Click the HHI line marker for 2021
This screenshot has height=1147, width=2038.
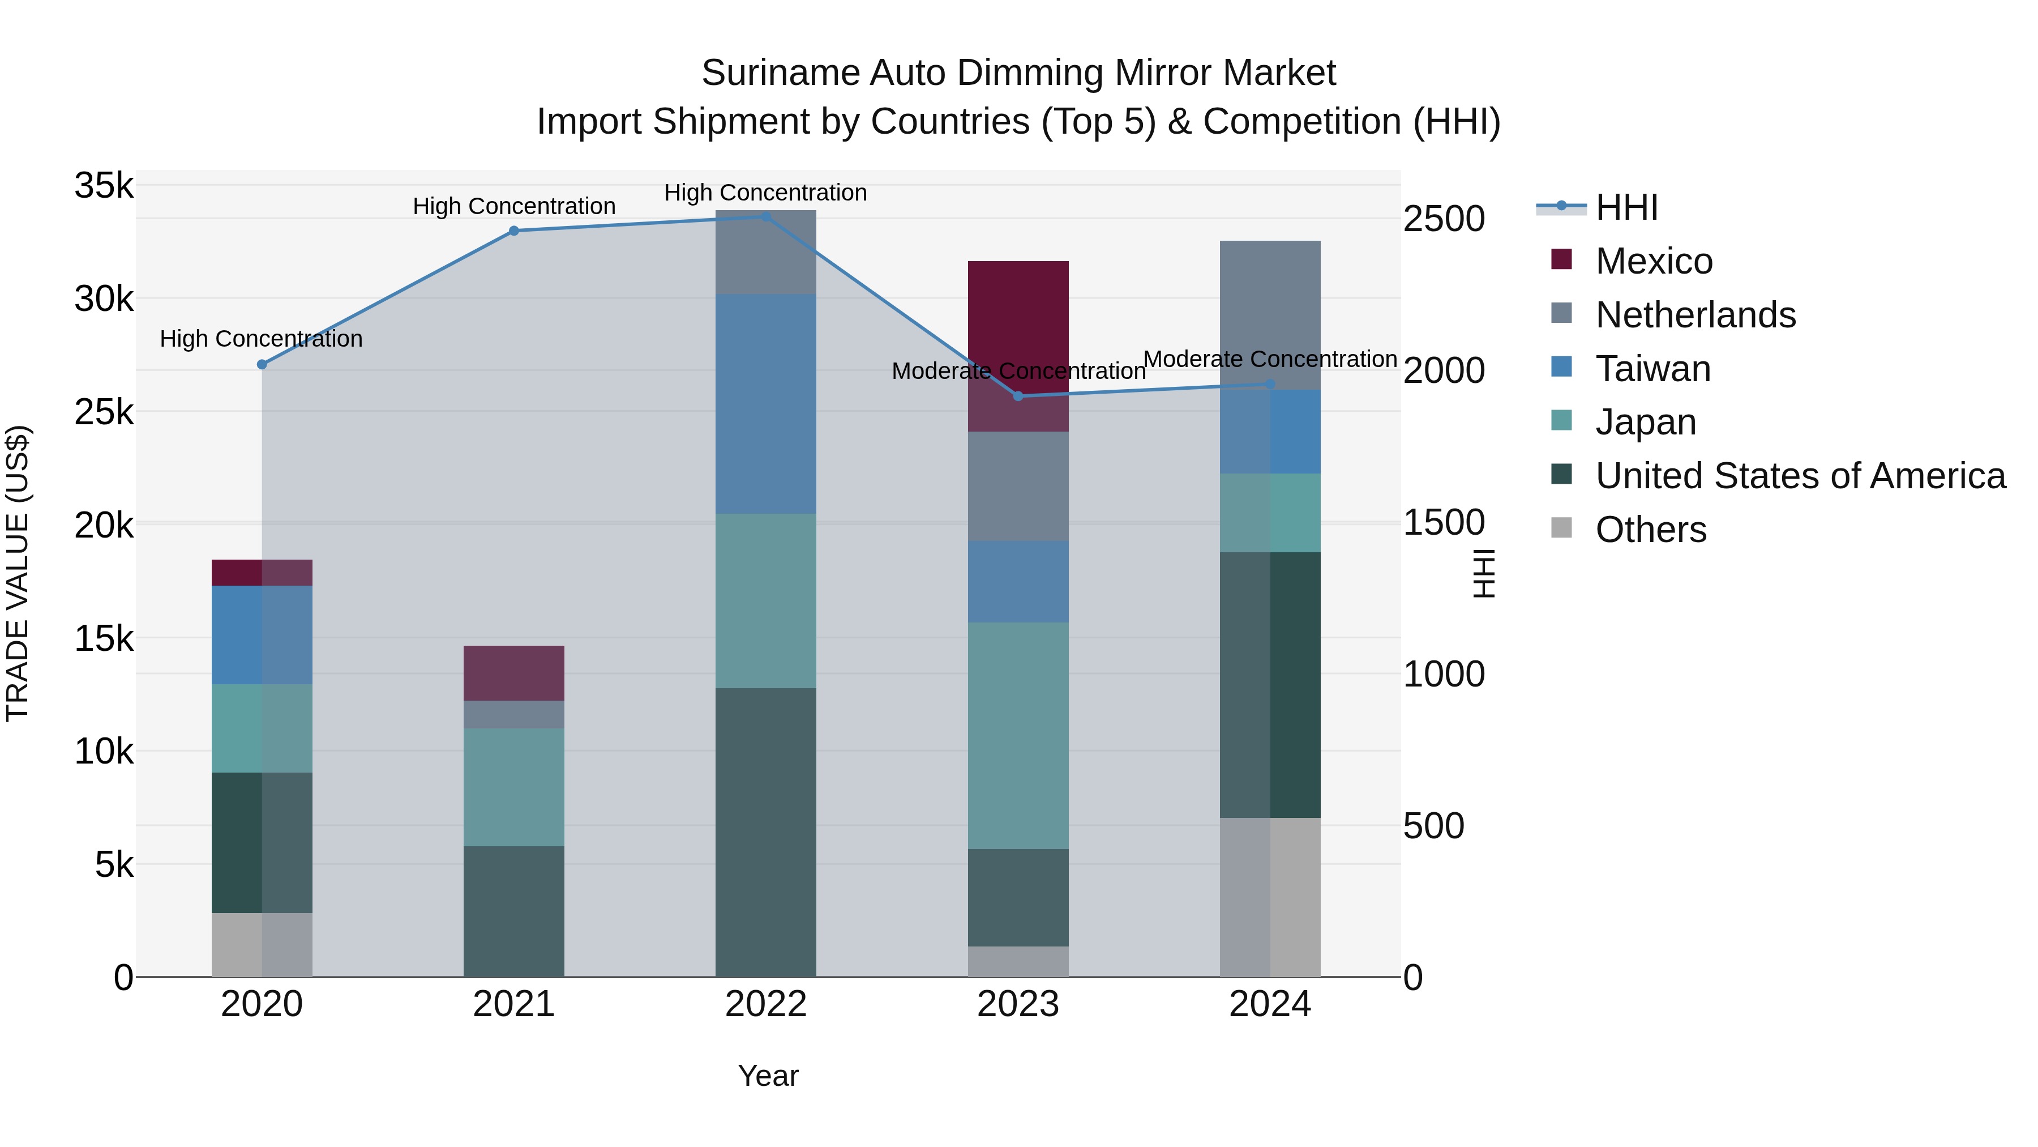pos(513,231)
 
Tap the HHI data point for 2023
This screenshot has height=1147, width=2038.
pos(1018,396)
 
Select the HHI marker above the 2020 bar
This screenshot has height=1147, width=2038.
pos(262,364)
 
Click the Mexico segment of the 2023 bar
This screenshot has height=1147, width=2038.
pos(1018,317)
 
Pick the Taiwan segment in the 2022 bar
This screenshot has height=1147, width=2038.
pos(765,404)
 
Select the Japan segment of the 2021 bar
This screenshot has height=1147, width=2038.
pos(513,787)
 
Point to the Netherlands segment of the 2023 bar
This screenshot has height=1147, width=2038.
pos(1018,486)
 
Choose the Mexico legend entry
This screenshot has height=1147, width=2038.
pos(1654,261)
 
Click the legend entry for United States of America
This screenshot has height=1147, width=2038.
pos(1800,476)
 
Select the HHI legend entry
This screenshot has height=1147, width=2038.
pos(1626,207)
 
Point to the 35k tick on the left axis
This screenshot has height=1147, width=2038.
pos(104,186)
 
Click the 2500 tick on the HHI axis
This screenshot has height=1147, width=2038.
pos(1444,219)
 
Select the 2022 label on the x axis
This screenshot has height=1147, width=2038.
pos(765,1004)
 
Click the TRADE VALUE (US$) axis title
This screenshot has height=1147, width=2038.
pos(18,573)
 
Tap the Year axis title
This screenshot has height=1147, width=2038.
pos(768,1076)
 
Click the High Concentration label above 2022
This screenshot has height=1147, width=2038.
pos(765,193)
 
